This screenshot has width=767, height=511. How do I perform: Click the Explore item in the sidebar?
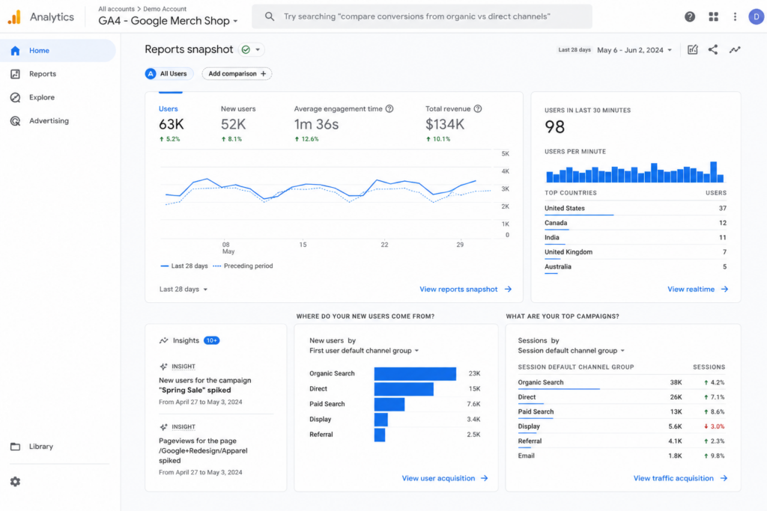[42, 97]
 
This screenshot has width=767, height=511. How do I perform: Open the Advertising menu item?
[49, 120]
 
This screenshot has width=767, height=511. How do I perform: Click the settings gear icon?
[15, 482]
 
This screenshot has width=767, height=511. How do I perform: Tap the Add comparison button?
[237, 74]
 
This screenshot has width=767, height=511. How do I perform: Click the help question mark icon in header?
[690, 16]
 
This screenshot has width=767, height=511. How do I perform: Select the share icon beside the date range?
[713, 49]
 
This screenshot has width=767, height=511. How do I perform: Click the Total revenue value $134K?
[445, 125]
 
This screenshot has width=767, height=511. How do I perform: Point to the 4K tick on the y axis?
[506, 171]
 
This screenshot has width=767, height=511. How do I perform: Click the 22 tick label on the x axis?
[384, 244]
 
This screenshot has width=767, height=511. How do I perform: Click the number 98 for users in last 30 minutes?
[555, 127]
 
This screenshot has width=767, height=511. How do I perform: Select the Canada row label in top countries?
[556, 223]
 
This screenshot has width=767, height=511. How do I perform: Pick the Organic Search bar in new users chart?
[415, 374]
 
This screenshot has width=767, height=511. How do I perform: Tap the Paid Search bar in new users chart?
[389, 404]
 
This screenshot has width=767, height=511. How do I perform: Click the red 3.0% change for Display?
[714, 426]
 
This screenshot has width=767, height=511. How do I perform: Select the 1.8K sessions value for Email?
[675, 456]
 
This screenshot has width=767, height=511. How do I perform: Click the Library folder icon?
[15, 447]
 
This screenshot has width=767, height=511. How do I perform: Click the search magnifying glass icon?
[270, 16]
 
